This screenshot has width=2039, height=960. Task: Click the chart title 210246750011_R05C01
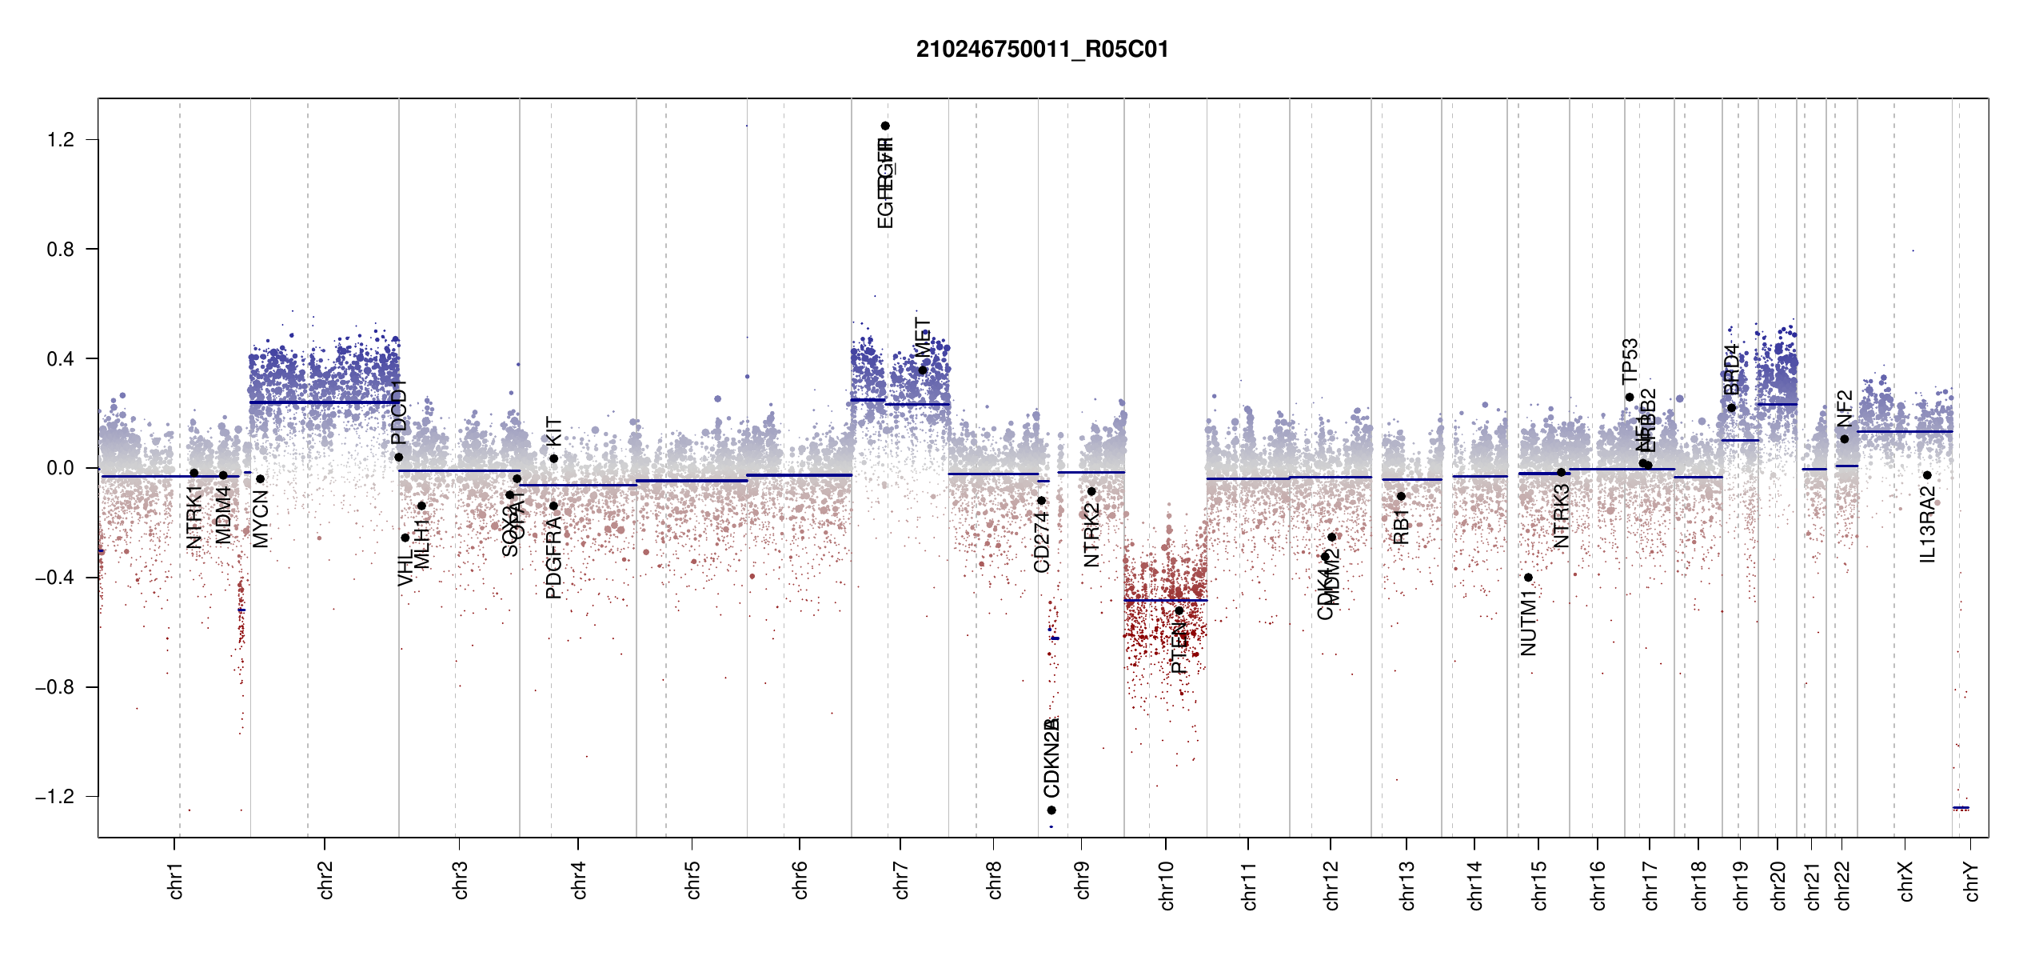[x=1042, y=50]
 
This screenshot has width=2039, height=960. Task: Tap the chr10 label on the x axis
[x=1166, y=886]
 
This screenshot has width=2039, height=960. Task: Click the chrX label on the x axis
[x=1905, y=882]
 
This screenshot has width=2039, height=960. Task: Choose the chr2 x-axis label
[x=325, y=880]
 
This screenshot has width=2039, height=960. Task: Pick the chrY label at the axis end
[x=1972, y=882]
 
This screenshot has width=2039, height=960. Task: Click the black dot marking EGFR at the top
[x=885, y=126]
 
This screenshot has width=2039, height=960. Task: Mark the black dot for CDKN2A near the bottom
[x=1051, y=810]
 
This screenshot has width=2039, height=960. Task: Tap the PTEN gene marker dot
[x=1179, y=610]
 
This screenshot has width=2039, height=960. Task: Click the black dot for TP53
[x=1630, y=397]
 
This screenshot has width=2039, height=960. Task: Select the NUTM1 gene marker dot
[x=1528, y=578]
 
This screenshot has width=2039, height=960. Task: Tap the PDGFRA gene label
[x=553, y=558]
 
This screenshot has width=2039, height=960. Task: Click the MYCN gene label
[x=261, y=519]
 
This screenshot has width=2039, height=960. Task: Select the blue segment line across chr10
[x=1165, y=600]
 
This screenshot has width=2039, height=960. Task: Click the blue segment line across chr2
[x=324, y=402]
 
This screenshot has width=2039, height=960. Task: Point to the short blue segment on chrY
[x=1961, y=807]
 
